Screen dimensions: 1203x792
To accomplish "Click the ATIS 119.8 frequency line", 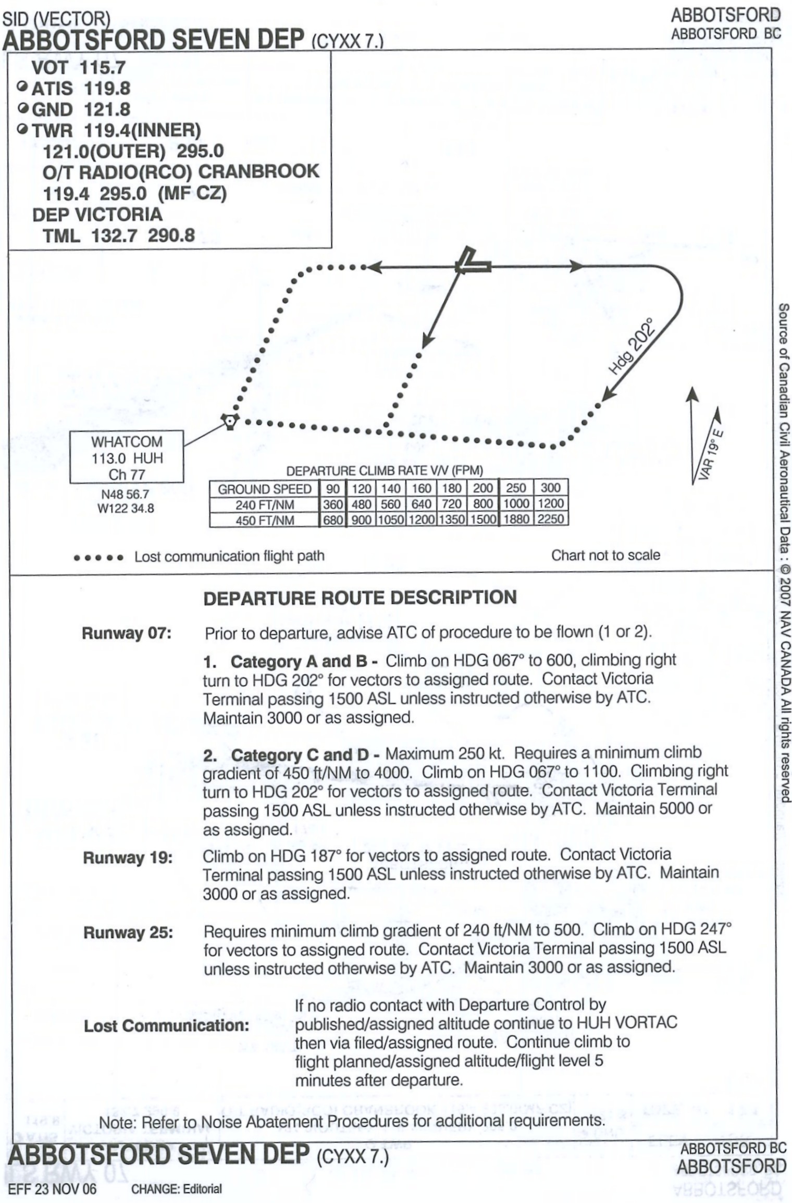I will tap(81, 89).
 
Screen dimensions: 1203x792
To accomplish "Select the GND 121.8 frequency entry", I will tap(81, 109).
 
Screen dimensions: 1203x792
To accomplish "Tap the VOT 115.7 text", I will tap(78, 67).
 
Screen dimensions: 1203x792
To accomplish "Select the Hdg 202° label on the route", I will tap(632, 346).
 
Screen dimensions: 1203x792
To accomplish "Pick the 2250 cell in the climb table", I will tap(551, 519).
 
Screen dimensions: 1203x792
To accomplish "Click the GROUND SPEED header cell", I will tap(264, 489).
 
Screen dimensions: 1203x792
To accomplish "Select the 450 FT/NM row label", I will tap(264, 520).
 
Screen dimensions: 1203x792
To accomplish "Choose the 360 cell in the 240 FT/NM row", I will tap(332, 504).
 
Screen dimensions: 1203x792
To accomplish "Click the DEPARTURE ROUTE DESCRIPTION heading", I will tap(360, 598).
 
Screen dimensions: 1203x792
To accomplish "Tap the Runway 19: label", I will tap(128, 858).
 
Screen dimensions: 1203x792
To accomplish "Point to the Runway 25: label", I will tap(128, 932).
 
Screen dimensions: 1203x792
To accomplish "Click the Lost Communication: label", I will tap(166, 1025).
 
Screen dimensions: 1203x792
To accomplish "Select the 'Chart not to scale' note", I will tap(605, 555).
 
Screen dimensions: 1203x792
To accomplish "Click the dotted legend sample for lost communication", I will tap(98, 558).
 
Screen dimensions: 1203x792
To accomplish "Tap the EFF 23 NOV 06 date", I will tap(52, 1189).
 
